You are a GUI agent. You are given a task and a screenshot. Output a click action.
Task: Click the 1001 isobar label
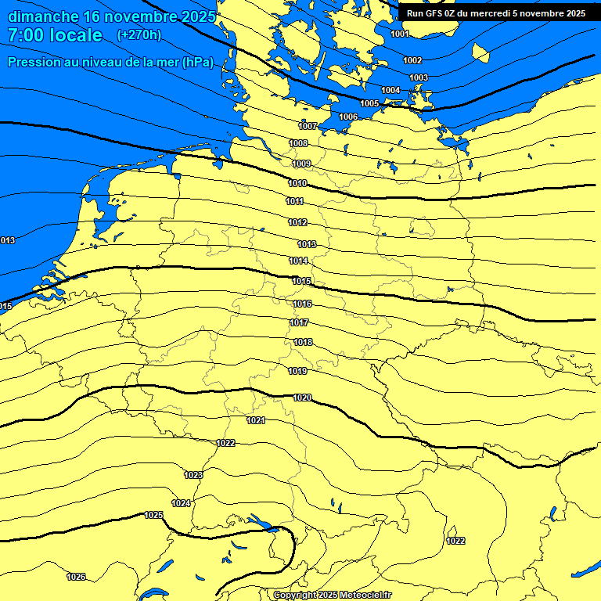coord(399,34)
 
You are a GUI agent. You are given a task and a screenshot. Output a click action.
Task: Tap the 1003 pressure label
coord(419,77)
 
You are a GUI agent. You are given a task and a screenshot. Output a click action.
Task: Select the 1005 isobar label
coord(369,103)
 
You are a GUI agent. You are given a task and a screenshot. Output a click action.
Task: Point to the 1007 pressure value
coord(308,126)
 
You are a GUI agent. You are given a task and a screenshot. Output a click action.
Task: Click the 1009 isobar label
coord(301,164)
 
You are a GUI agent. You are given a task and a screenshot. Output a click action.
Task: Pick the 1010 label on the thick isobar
coord(297,183)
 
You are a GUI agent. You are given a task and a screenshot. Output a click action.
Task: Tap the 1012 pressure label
coord(297,222)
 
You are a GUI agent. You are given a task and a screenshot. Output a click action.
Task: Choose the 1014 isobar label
coord(298,261)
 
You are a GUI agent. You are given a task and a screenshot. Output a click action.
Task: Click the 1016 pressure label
coord(302,304)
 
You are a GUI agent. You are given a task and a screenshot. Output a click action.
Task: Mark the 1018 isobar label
coord(303,342)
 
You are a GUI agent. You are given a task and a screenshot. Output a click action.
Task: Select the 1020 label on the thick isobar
coord(302,398)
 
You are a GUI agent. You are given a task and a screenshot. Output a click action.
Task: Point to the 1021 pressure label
coord(256,420)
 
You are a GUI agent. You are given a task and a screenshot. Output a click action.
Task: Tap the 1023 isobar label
coord(193,475)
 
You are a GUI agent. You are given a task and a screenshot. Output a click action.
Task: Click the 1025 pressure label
coord(153,515)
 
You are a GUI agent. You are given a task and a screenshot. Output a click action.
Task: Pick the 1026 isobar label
coord(76,577)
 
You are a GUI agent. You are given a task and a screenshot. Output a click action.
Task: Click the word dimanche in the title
coord(44,16)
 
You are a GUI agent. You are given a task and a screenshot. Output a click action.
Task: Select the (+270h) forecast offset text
coord(139,34)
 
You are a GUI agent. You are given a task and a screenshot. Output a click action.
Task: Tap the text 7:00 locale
coord(55,35)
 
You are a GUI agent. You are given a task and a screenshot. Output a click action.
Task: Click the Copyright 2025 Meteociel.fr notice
coord(332,595)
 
